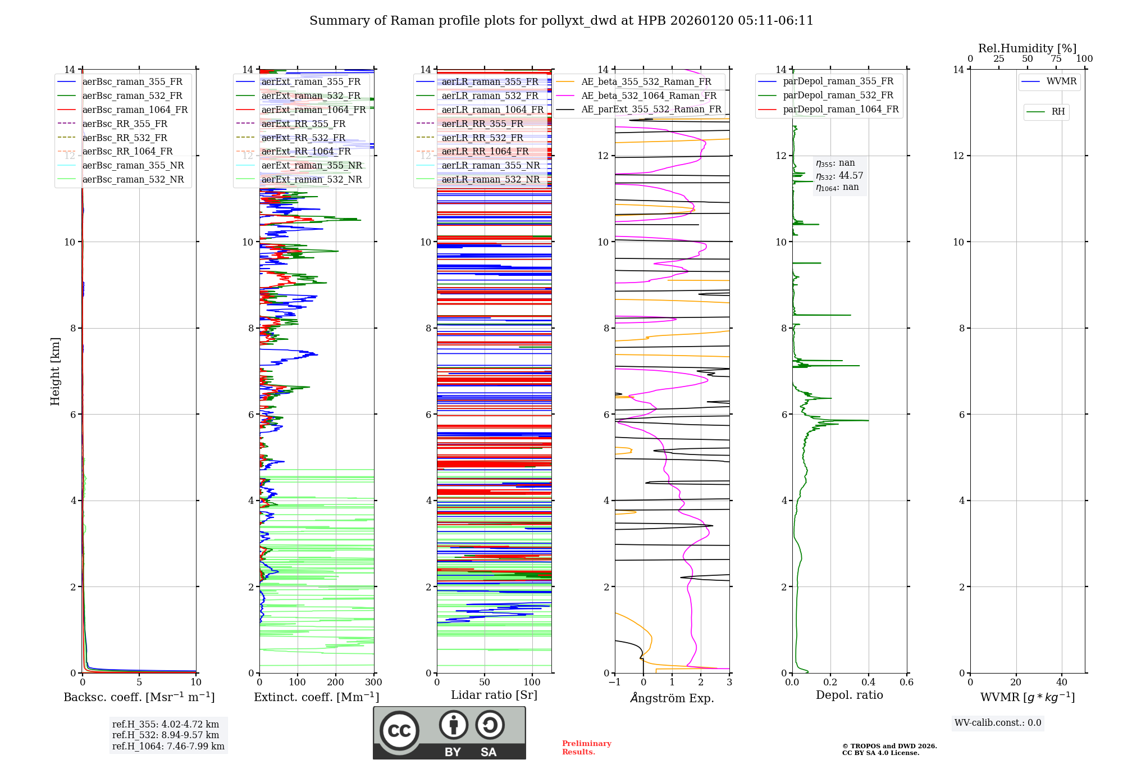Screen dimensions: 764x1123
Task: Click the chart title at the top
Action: click(x=561, y=21)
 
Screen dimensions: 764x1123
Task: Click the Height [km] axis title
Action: click(x=55, y=371)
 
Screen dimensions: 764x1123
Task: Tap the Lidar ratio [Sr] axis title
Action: click(x=494, y=695)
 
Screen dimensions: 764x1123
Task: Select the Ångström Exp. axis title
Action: click(x=672, y=698)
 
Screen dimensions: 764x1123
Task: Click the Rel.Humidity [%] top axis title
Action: click(x=1027, y=48)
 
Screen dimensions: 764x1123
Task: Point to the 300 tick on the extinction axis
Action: click(x=373, y=683)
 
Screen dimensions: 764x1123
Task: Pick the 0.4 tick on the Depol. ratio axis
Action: click(x=868, y=683)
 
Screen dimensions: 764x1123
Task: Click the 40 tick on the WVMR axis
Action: click(x=1061, y=683)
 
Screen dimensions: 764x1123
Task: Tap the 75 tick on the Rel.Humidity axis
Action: click(x=1056, y=59)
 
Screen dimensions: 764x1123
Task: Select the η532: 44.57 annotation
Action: click(x=839, y=176)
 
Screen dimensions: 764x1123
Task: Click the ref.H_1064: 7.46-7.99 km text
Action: click(x=168, y=747)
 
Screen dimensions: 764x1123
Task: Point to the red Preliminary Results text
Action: click(x=586, y=748)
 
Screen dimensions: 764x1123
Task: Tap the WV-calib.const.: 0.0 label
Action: click(x=997, y=723)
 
